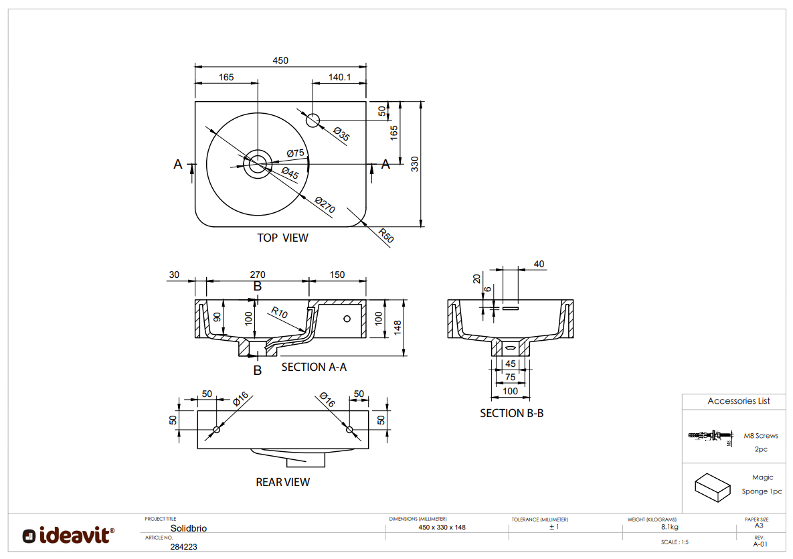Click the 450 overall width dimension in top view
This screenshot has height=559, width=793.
click(x=280, y=60)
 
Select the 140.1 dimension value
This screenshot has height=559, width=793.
click(x=340, y=77)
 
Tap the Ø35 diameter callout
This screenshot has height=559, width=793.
click(x=341, y=135)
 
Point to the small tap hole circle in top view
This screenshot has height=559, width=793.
click(x=313, y=121)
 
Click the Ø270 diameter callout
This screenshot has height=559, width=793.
click(x=325, y=206)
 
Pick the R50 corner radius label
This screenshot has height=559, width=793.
click(x=385, y=236)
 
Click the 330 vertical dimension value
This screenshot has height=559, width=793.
click(x=415, y=164)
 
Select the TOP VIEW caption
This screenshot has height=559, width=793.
click(x=282, y=238)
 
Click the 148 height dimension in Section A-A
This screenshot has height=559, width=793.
click(x=398, y=327)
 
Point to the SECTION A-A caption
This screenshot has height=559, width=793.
click(x=314, y=367)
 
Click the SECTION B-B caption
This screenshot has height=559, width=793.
click(x=511, y=413)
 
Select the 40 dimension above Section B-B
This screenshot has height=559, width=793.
click(x=539, y=264)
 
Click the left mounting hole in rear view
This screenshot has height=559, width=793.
click(x=216, y=429)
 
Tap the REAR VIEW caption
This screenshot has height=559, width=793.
click(x=282, y=482)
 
